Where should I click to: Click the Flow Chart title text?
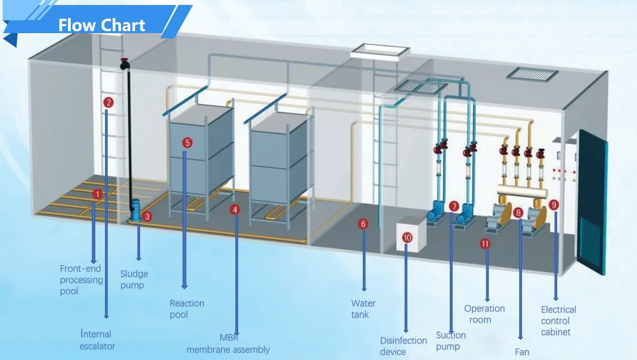(101, 25)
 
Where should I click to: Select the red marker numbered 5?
(187, 143)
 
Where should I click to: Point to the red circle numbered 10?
(407, 237)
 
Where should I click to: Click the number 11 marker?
(485, 244)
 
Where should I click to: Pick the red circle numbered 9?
(554, 204)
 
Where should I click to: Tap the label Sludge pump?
(134, 280)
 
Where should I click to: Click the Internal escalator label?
(97, 340)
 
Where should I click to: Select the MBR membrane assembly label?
(228, 344)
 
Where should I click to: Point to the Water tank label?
(363, 309)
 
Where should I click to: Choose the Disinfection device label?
(403, 346)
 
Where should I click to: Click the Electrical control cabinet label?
(558, 320)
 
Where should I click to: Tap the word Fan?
(522, 352)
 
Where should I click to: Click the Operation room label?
(484, 314)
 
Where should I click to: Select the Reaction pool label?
(186, 309)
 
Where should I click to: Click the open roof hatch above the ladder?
(381, 50)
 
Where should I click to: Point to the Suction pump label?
(451, 340)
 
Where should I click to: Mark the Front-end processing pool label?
(81, 280)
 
